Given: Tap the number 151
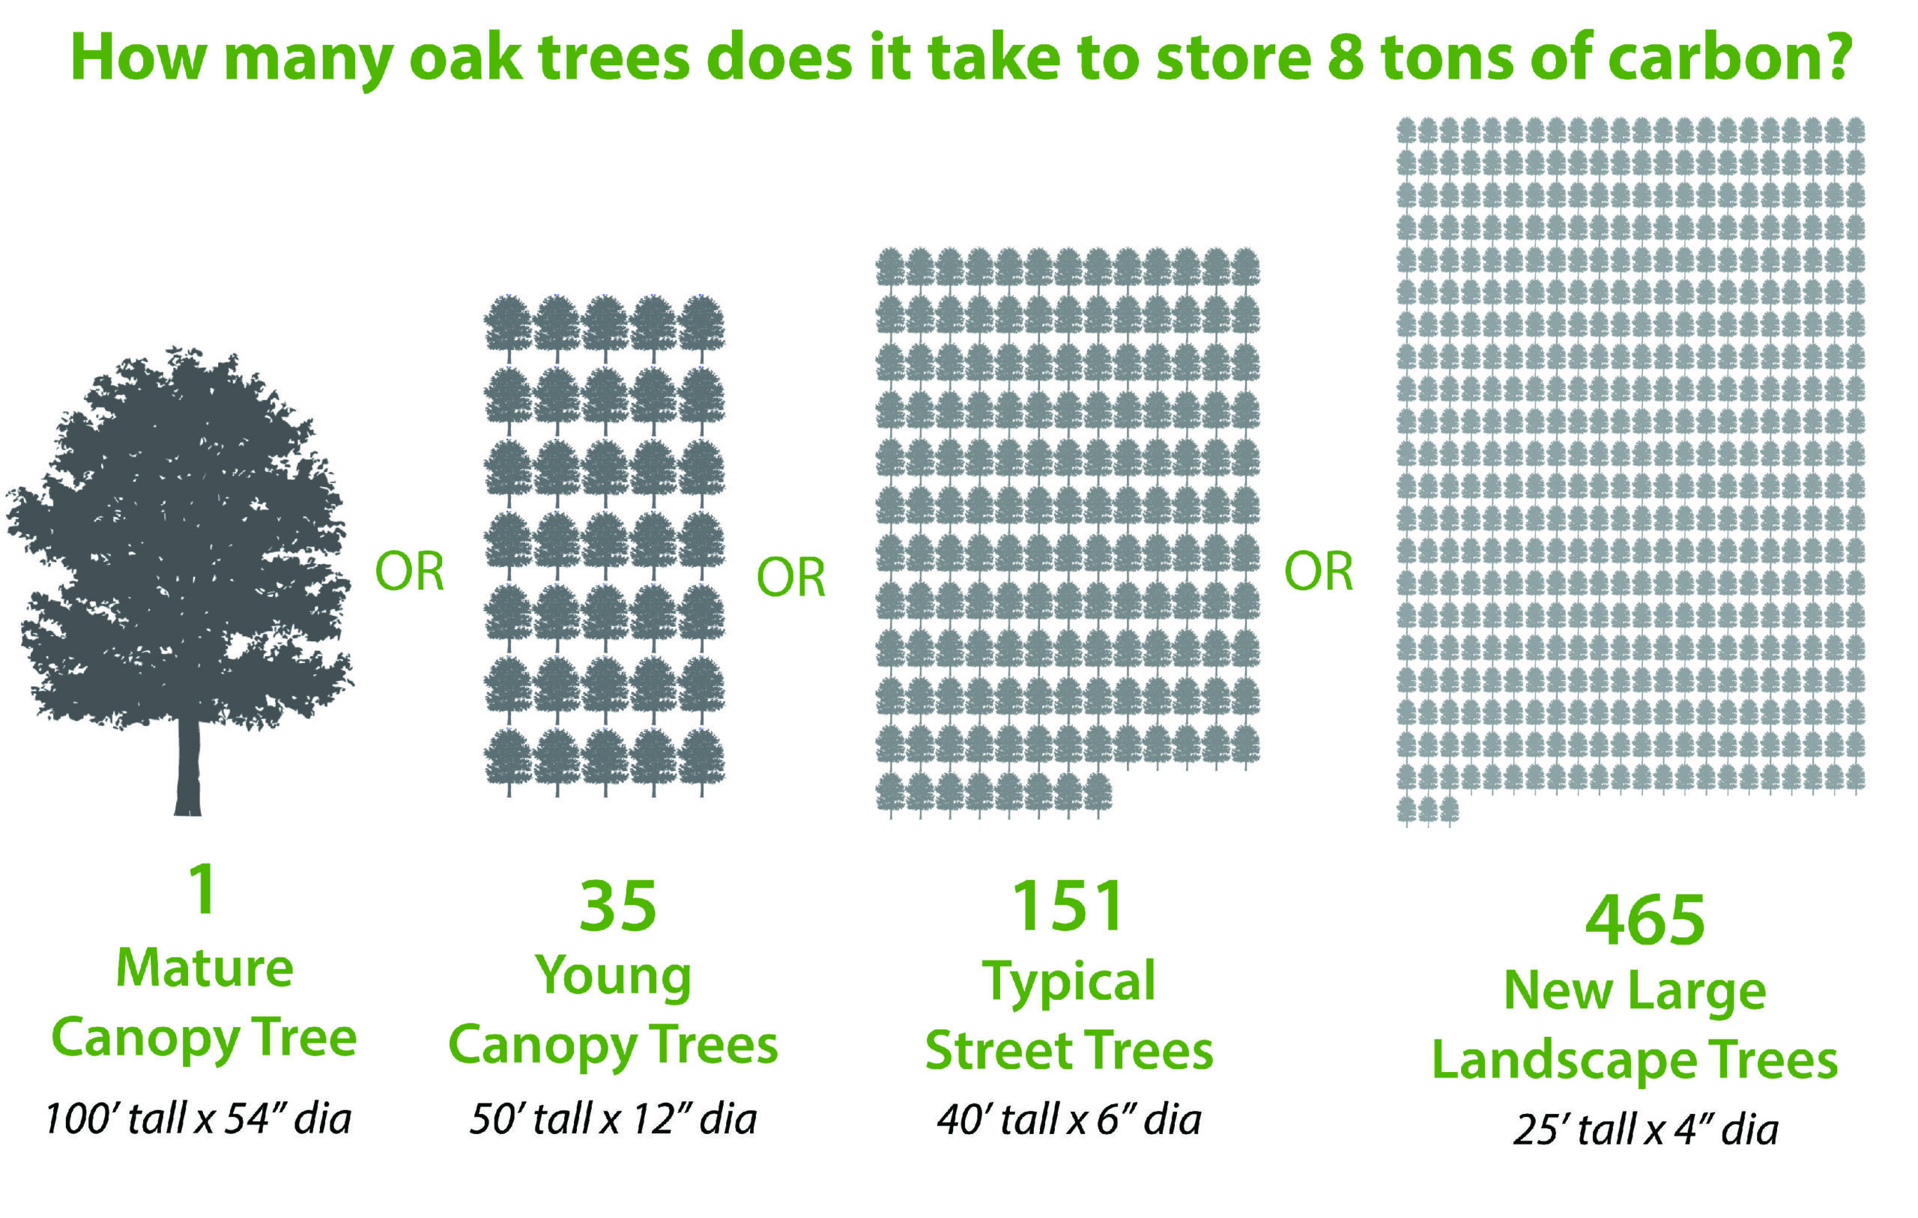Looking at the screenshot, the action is (1068, 906).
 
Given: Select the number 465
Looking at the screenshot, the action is (1645, 919).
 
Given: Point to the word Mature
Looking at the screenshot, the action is (205, 968).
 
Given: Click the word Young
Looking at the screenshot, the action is (614, 977).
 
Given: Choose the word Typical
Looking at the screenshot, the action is (1069, 982).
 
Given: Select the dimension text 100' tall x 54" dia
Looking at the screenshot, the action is (198, 1118).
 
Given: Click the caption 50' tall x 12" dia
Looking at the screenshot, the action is (613, 1118).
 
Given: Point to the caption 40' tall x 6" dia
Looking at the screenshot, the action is (1069, 1119).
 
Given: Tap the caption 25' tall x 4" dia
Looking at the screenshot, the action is (1645, 1130).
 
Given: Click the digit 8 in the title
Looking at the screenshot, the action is (1346, 58).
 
